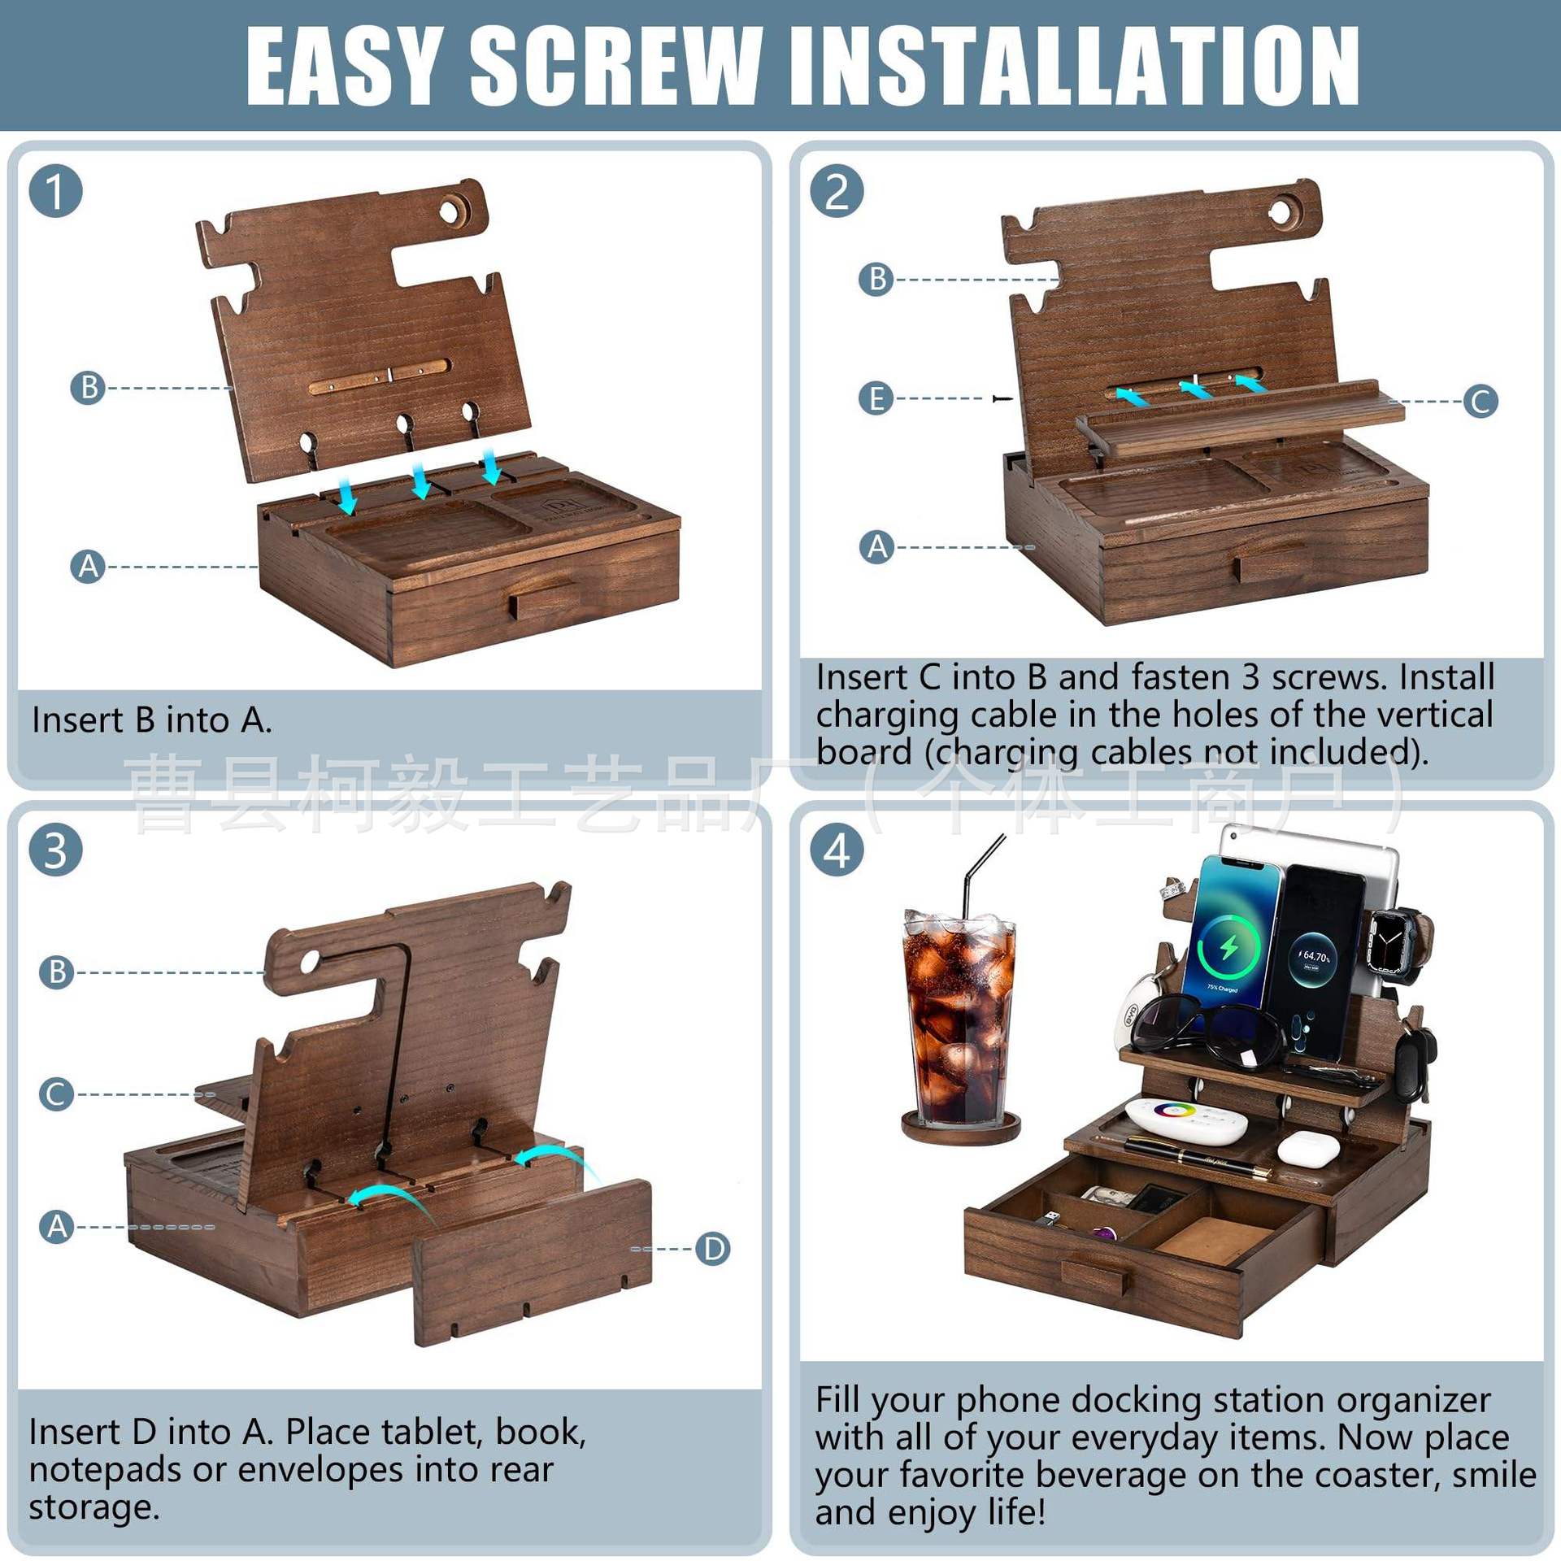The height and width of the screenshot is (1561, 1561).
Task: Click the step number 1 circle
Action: tap(55, 192)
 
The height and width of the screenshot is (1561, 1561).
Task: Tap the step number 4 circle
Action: tap(837, 850)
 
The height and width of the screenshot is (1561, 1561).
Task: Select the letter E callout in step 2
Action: tap(876, 398)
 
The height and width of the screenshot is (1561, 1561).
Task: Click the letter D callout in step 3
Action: tap(713, 1248)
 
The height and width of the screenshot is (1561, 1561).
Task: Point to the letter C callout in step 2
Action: tap(1480, 401)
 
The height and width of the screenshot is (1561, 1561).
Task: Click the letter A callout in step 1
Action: tap(88, 567)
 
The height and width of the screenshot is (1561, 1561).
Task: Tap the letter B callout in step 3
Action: tap(57, 972)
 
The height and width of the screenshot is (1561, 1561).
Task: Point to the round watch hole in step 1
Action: tap(450, 210)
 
